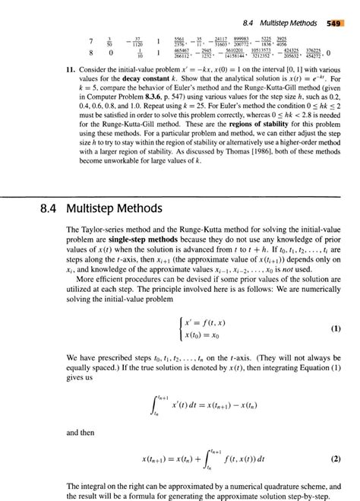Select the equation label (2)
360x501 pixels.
coord(335,458)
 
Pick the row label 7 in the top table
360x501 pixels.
coord(69,40)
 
